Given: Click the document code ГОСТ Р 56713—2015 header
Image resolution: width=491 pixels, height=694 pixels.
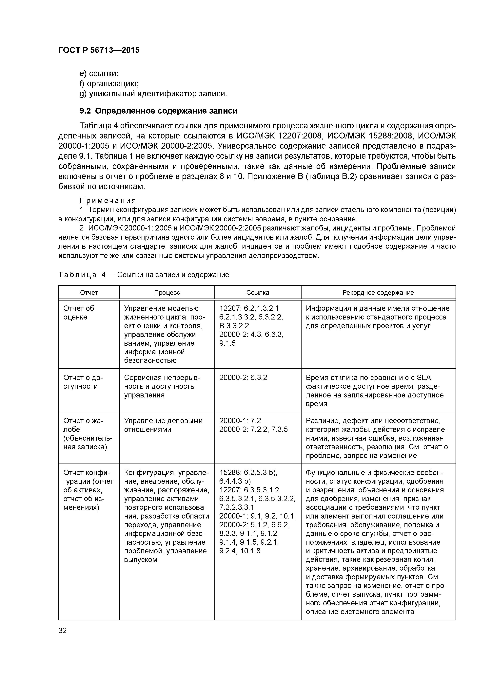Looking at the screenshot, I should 99,50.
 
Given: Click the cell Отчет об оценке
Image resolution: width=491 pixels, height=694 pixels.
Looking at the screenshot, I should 79,313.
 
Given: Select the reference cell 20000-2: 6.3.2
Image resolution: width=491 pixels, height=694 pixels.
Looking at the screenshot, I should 243,377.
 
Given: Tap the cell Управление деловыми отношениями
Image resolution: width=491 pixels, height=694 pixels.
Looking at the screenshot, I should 163,425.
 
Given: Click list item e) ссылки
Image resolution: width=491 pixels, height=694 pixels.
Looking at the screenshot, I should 99,73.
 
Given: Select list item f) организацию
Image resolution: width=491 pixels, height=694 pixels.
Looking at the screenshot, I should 109,84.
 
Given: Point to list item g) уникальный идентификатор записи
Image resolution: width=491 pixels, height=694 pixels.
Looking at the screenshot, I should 153,94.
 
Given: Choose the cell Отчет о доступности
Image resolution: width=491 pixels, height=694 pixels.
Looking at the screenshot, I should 83,382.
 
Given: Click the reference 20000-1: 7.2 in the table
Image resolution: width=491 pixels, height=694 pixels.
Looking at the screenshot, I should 240,421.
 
